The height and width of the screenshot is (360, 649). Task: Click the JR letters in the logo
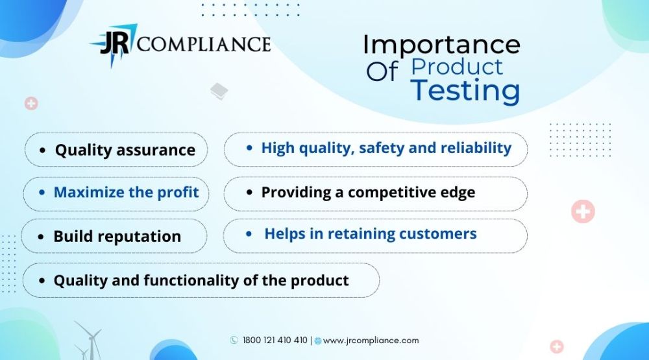[x=115, y=43]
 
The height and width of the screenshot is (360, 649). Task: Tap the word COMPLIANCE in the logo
[x=204, y=44]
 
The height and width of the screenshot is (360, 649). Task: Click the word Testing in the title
[x=465, y=90]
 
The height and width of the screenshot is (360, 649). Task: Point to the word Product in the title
[x=457, y=67]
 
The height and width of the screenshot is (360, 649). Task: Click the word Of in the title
[x=382, y=71]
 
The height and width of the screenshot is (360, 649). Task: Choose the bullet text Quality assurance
[x=125, y=150]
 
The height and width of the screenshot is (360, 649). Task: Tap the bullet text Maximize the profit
[x=127, y=192]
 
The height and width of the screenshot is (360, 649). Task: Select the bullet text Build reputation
[x=117, y=237]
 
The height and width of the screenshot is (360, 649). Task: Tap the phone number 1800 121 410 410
[x=275, y=340]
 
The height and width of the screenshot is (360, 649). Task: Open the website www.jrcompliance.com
[x=371, y=341]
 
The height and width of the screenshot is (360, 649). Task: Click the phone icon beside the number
[x=234, y=340]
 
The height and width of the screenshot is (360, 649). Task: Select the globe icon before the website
[x=318, y=341]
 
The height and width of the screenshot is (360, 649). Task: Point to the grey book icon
[x=219, y=91]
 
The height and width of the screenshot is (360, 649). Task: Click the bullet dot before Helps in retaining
[x=249, y=234]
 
